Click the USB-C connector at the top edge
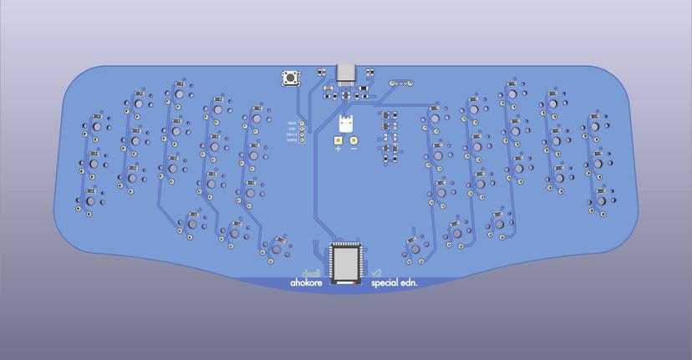(x=346, y=73)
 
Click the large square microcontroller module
(x=346, y=263)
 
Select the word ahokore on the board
(x=306, y=283)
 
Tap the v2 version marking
(x=376, y=272)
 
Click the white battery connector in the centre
(x=346, y=124)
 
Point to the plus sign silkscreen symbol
(x=338, y=149)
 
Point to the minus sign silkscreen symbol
(x=354, y=149)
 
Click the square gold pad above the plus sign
(x=338, y=140)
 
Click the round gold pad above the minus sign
(x=354, y=140)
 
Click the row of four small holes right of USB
(x=402, y=84)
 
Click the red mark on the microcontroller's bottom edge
(x=359, y=282)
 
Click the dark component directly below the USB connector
(x=346, y=94)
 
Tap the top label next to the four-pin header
(x=292, y=123)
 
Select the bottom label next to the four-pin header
(x=292, y=139)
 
